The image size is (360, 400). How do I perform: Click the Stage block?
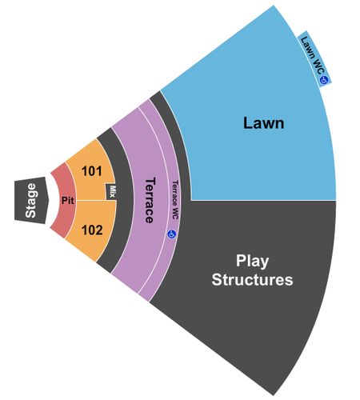30,200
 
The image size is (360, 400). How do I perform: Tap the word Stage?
30,200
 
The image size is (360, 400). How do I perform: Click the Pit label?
68,201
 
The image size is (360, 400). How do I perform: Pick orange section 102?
90,230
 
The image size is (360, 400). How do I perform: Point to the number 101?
92,171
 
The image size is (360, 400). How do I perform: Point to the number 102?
92,230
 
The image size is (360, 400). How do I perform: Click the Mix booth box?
111,191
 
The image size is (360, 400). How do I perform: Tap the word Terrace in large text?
150,200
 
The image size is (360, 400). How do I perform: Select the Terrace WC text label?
174,200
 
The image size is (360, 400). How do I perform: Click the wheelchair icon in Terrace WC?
172,234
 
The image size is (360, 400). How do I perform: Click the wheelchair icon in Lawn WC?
324,80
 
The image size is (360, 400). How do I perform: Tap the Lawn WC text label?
312,55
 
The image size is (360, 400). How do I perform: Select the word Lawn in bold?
264,123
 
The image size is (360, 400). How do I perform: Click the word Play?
252,262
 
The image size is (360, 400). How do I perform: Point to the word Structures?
252,280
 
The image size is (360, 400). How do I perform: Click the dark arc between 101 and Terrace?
125,200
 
